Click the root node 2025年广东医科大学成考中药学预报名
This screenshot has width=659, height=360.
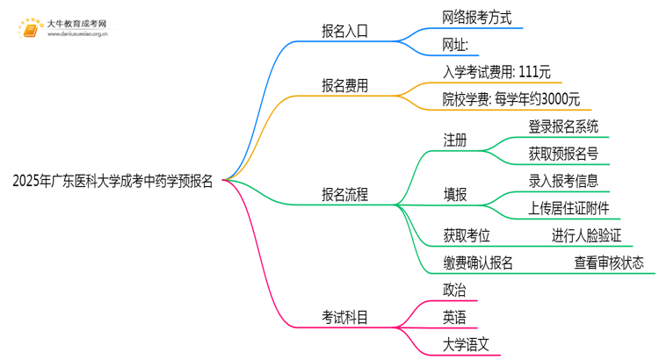click(x=112, y=182)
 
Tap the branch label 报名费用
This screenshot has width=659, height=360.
click(x=344, y=86)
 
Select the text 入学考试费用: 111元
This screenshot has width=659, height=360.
click(x=497, y=72)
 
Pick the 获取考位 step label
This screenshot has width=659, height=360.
click(x=467, y=235)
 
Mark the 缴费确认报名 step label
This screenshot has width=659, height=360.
click(x=478, y=263)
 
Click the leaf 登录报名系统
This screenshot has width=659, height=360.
click(x=563, y=126)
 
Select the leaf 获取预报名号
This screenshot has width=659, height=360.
click(x=563, y=154)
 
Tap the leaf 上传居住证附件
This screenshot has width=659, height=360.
click(x=568, y=208)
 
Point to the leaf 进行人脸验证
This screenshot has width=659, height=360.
click(x=586, y=235)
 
